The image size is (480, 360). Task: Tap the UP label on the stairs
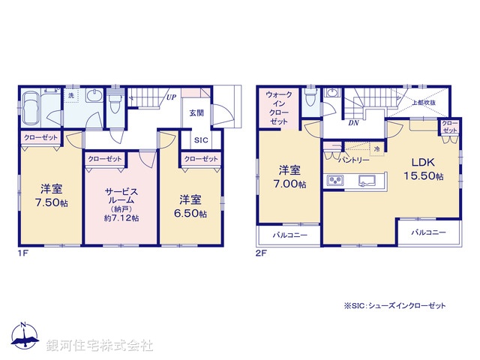tap(172, 97)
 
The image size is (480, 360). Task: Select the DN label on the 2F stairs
tap(352, 124)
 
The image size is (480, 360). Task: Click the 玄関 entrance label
tap(196, 112)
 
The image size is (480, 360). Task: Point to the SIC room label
tap(201, 140)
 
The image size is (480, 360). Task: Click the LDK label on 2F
tap(421, 161)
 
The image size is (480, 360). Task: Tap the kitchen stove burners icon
tap(334, 181)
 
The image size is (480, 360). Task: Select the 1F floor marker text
tap(22, 253)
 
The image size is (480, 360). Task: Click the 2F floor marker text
tap(259, 253)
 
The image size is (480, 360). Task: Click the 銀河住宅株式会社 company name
tap(100, 346)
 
